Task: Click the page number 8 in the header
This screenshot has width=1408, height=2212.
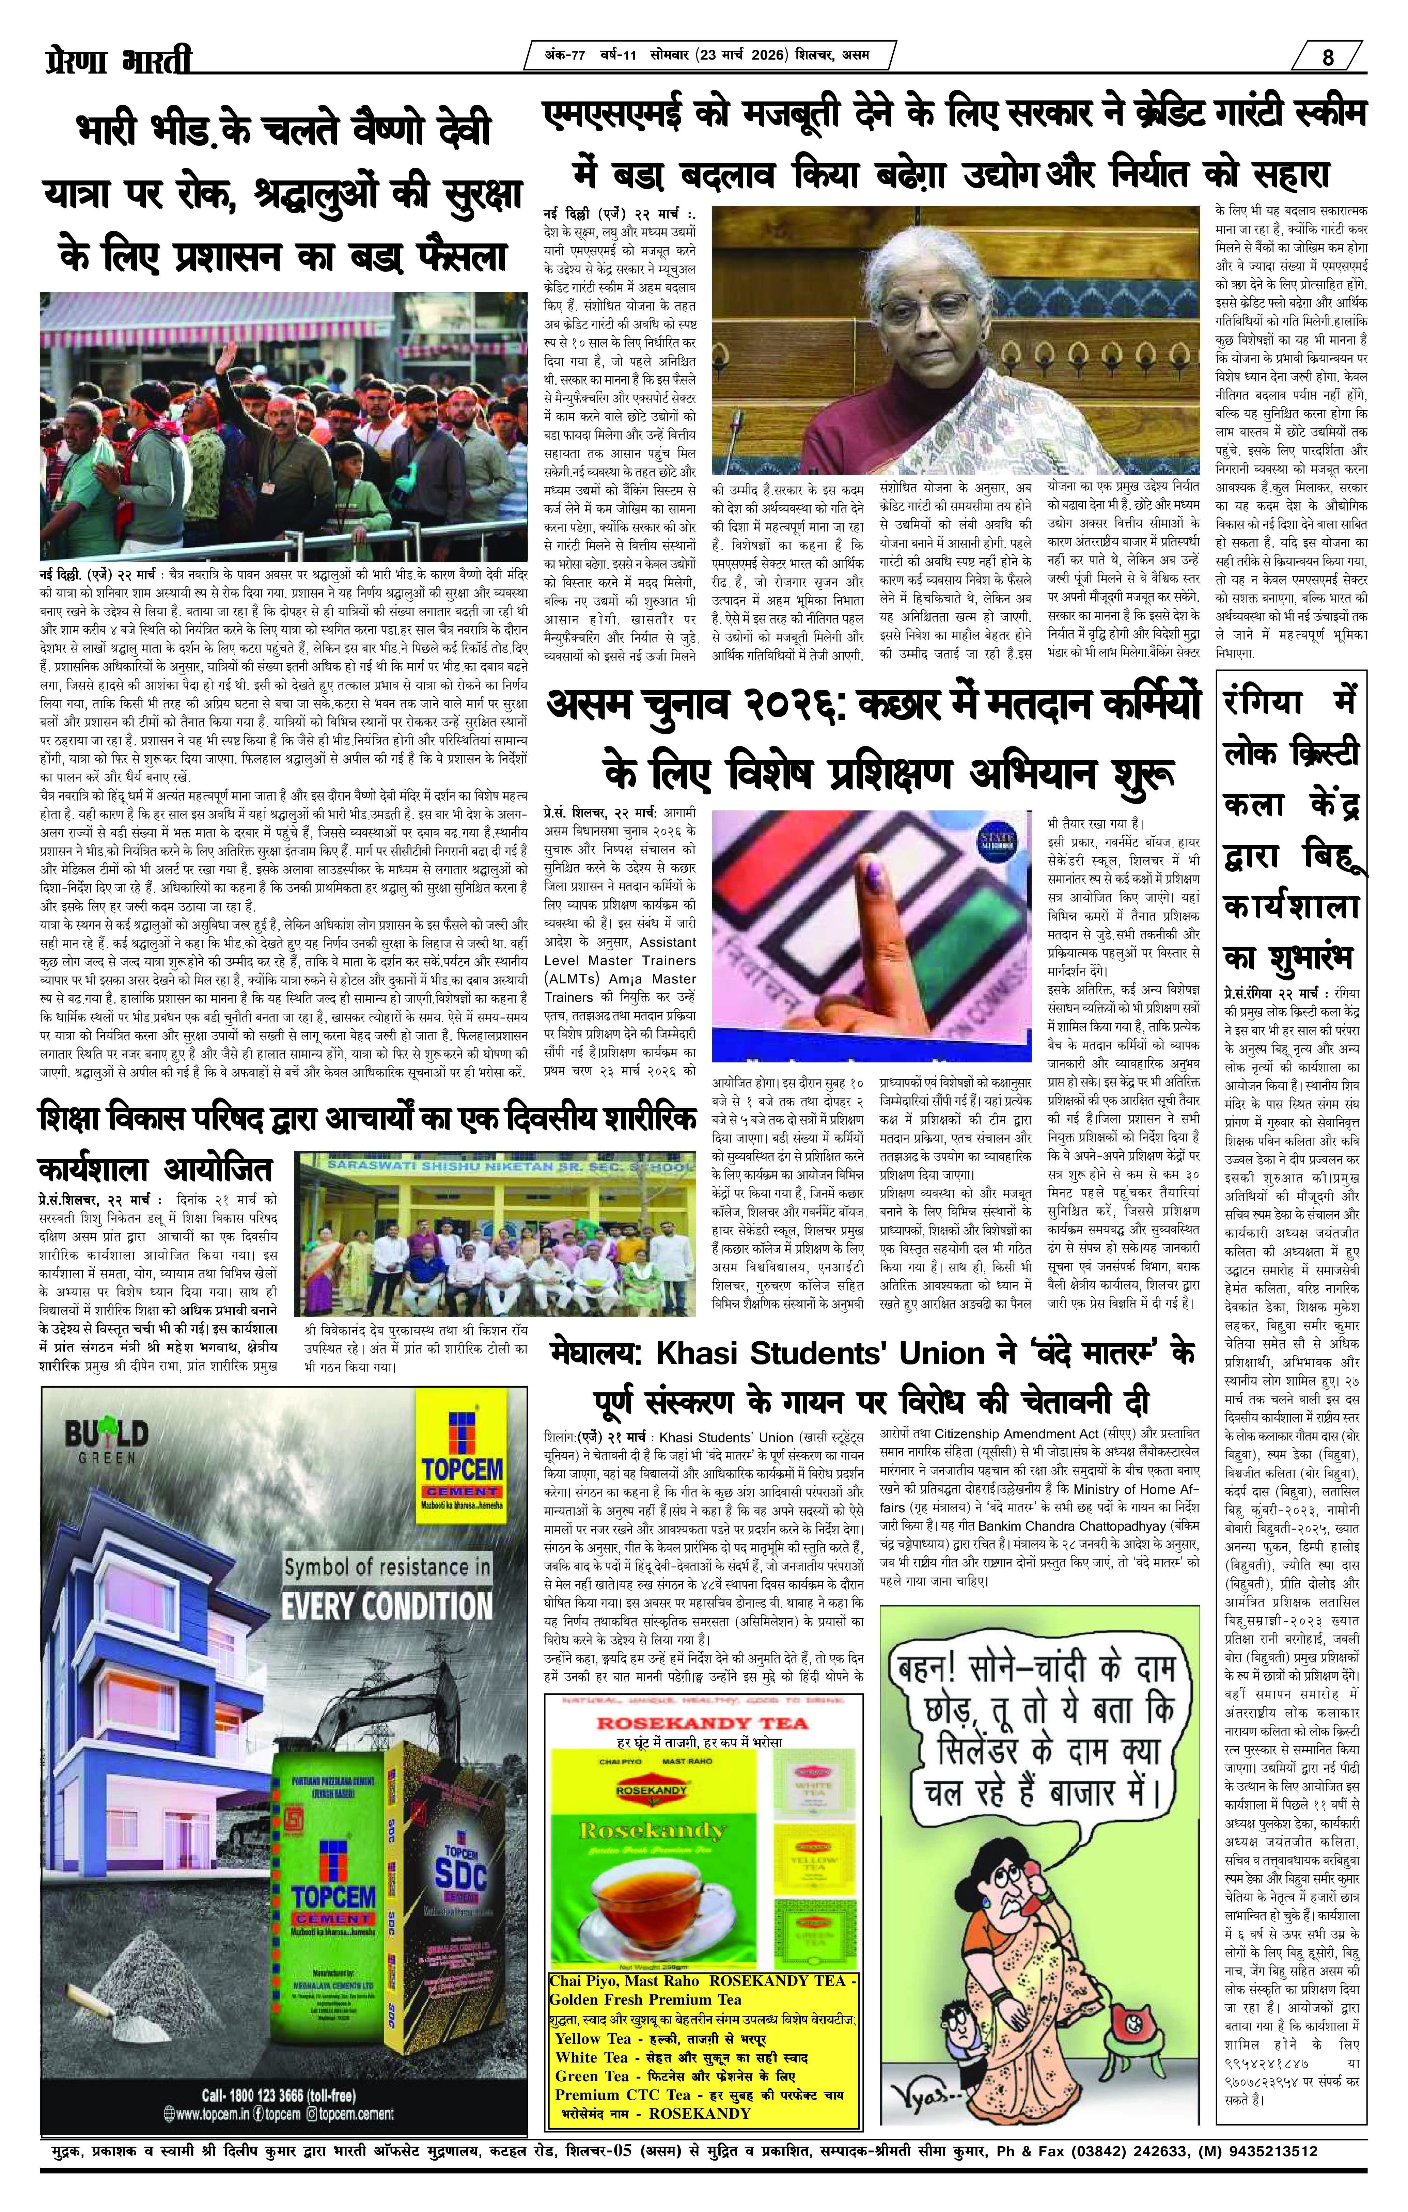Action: pos(1328,57)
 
